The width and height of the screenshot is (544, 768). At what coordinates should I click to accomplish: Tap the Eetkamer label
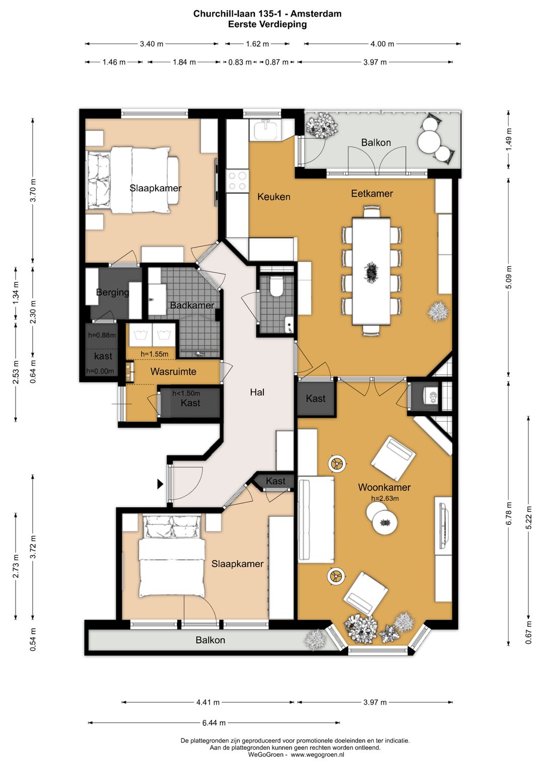[372, 193]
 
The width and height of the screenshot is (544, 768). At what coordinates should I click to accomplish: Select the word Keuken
[274, 197]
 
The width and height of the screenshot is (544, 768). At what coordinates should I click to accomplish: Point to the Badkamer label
[192, 305]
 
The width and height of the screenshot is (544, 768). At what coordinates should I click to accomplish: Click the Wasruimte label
[173, 371]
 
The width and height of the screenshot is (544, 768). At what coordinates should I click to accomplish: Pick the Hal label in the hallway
[257, 392]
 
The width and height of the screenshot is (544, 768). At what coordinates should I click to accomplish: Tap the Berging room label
[112, 292]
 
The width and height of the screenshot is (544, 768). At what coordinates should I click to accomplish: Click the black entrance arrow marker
[160, 484]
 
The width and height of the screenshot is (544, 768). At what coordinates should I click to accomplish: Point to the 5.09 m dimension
[508, 277]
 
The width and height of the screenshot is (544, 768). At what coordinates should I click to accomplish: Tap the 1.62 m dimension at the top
[257, 44]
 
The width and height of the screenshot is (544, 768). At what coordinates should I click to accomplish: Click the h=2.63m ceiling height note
[385, 498]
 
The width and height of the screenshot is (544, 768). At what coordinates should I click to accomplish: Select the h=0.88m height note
[102, 335]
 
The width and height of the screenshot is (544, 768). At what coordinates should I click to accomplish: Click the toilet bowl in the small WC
[277, 287]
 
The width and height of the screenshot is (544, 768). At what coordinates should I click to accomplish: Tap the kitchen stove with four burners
[238, 181]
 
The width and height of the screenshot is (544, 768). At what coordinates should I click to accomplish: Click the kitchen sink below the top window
[265, 130]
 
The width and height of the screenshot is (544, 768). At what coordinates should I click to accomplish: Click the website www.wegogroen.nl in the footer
[317, 754]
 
